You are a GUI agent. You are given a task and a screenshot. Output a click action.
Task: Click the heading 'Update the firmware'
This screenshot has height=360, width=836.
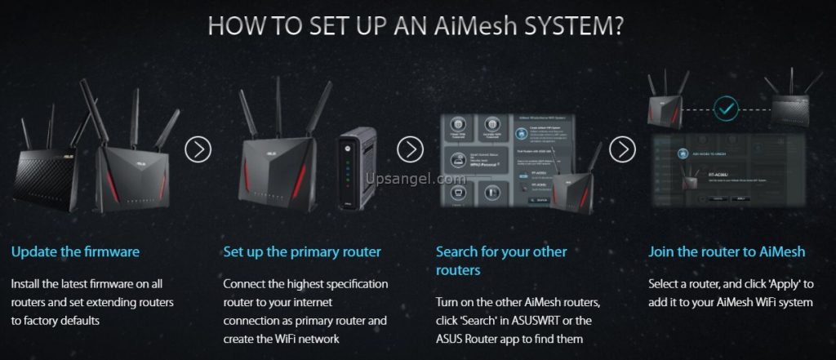(75, 251)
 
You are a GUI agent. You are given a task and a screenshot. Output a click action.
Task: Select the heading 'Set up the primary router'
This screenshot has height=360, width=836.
(302, 251)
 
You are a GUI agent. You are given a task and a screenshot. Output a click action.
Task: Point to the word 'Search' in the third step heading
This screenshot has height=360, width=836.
(458, 251)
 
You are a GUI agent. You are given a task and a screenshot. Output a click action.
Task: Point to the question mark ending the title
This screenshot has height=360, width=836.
(620, 25)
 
